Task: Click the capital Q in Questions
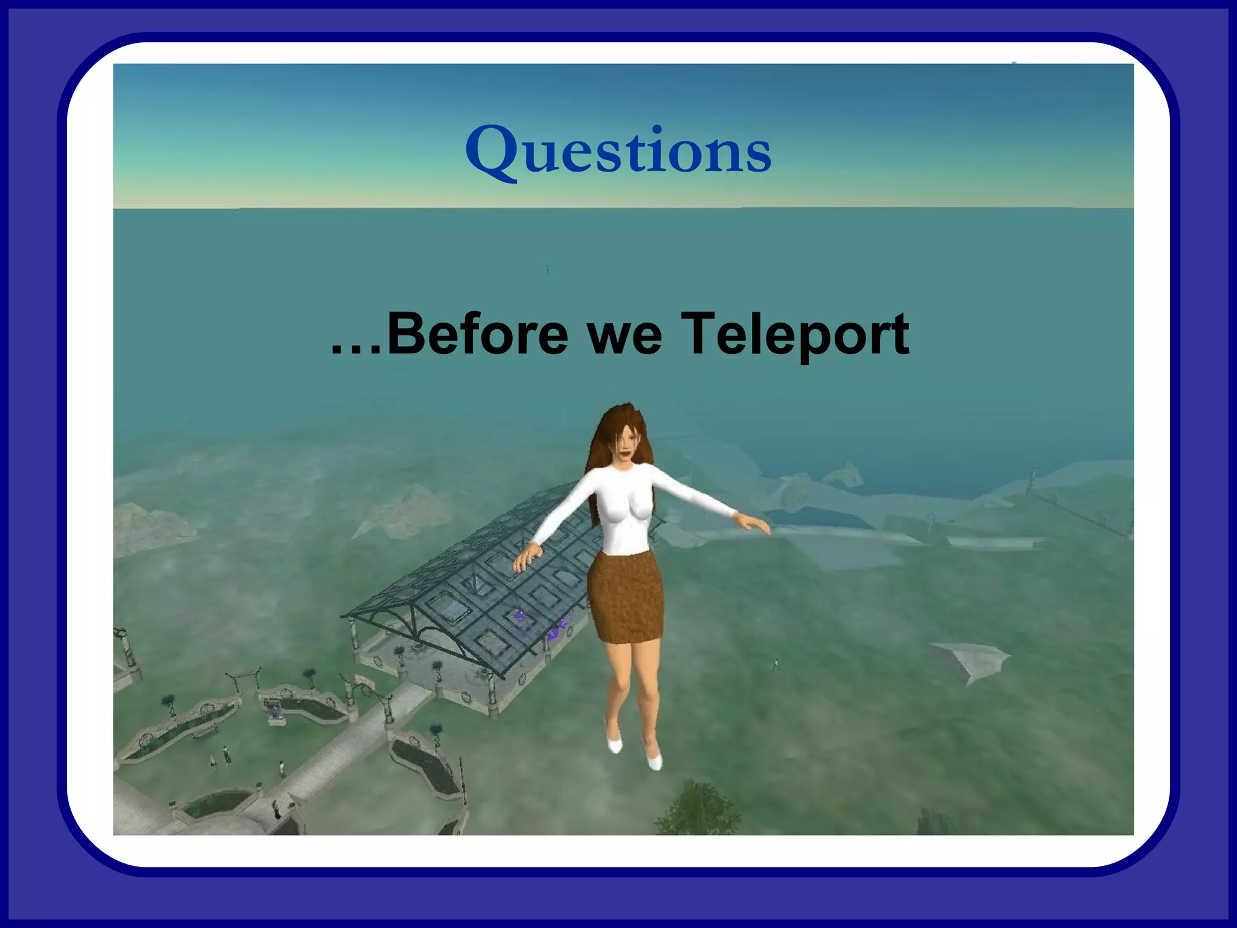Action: click(492, 151)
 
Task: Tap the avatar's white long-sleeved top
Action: click(622, 507)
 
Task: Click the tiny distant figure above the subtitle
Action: click(547, 268)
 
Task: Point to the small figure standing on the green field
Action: click(776, 665)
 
